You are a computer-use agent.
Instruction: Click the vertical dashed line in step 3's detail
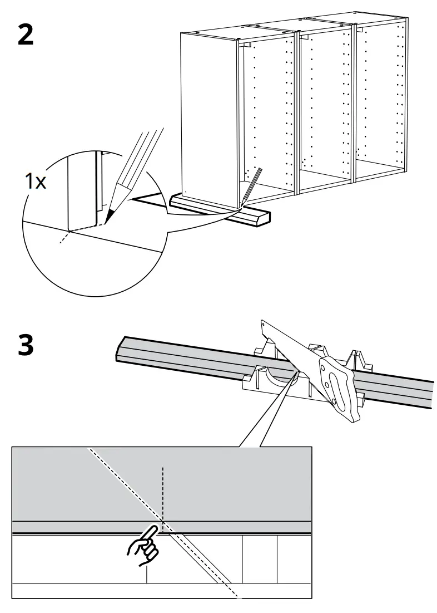click(162, 490)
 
